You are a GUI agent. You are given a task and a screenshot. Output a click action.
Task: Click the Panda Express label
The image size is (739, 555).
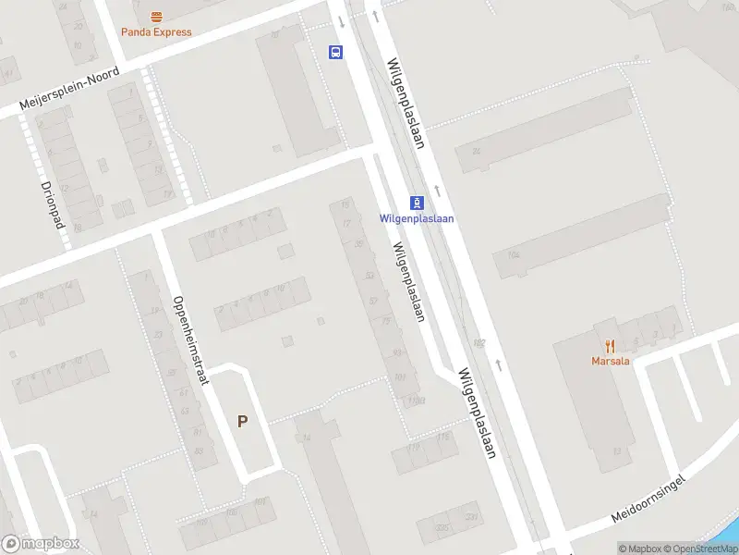(x=157, y=32)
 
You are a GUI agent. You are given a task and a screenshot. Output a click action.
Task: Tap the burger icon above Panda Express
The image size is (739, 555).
(x=157, y=17)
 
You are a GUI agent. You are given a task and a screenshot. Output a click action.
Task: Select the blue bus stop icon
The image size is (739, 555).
(x=335, y=52)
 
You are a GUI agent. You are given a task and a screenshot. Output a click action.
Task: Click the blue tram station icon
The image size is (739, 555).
(x=418, y=203)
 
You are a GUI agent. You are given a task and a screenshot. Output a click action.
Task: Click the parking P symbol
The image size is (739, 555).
(x=243, y=422)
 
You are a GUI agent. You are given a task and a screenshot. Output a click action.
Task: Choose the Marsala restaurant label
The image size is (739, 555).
(x=611, y=361)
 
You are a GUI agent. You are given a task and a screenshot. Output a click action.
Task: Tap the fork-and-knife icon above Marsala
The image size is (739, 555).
(x=611, y=347)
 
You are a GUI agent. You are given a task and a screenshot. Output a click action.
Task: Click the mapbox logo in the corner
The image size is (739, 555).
(x=42, y=544)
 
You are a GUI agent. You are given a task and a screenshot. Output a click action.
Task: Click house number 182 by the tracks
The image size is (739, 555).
(x=479, y=343)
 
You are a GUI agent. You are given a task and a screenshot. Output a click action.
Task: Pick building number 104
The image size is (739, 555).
(x=514, y=254)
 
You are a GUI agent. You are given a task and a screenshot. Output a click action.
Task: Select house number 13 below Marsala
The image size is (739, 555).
(x=615, y=451)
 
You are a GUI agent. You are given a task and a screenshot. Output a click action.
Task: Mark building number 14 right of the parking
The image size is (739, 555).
(x=306, y=438)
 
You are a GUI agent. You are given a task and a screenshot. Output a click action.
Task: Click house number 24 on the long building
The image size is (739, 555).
(x=477, y=151)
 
